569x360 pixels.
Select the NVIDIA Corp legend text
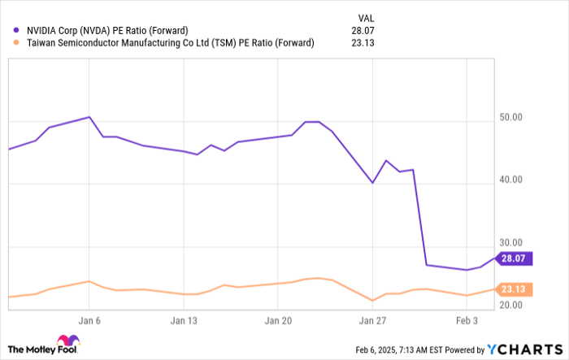[106, 31]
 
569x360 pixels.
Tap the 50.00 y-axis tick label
[510, 118]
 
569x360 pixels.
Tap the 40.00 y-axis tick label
[510, 180]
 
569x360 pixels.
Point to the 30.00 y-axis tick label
[510, 243]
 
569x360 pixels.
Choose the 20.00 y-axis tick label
[510, 305]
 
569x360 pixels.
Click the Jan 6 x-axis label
[90, 320]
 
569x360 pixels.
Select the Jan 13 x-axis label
[185, 320]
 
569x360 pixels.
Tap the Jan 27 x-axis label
[372, 320]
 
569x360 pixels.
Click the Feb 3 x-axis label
[467, 320]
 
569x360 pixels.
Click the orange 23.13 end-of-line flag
[513, 288]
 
